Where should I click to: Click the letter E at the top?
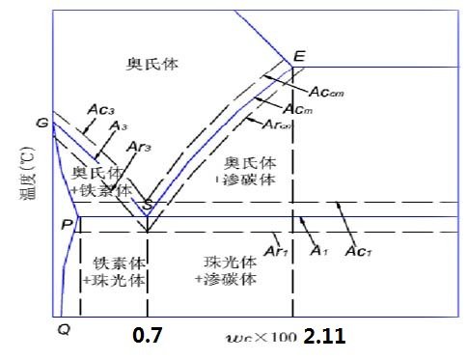point(299,55)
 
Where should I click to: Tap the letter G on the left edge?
point(41,124)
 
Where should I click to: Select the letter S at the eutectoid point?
point(147,205)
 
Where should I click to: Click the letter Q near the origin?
point(64,329)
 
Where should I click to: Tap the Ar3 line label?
point(138,147)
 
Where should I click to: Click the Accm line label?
point(326,92)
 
